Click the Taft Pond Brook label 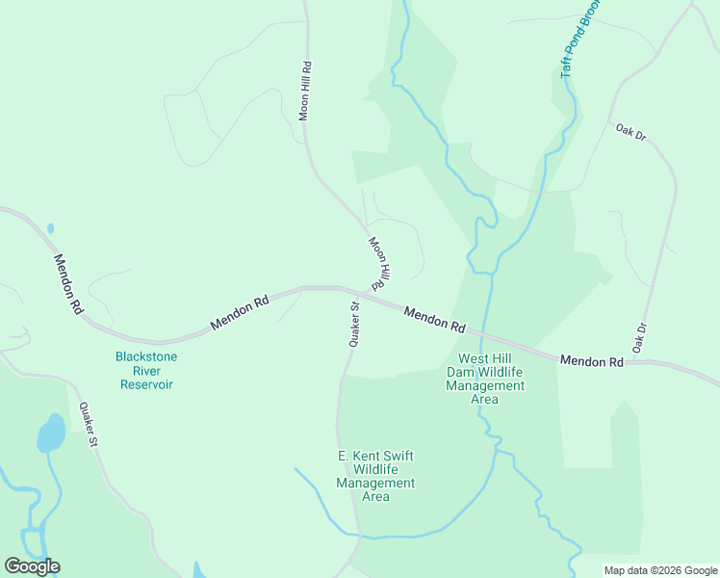click(x=579, y=39)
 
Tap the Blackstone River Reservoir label click(x=146, y=370)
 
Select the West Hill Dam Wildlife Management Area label click(x=485, y=379)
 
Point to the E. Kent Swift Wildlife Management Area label click(x=375, y=476)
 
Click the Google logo click(x=32, y=566)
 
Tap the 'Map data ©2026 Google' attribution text click(x=659, y=570)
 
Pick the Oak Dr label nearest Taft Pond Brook click(x=631, y=132)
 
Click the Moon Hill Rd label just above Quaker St click(x=377, y=263)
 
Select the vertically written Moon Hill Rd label click(x=305, y=91)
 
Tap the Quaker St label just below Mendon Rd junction click(x=353, y=324)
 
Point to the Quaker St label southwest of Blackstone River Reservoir click(x=90, y=425)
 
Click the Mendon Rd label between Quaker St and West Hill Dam click(x=435, y=319)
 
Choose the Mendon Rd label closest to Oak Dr click(x=591, y=361)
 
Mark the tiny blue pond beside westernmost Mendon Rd click(x=50, y=228)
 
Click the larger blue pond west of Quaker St click(x=50, y=433)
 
